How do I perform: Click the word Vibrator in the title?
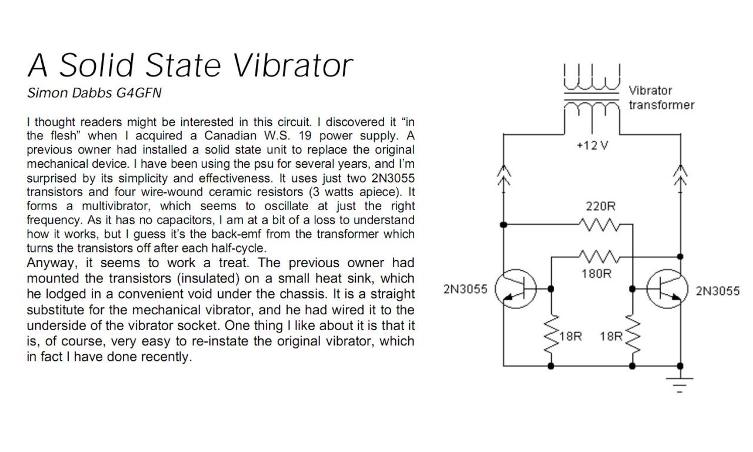click(x=292, y=65)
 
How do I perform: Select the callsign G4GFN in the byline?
click(x=138, y=93)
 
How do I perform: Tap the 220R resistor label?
click(x=601, y=206)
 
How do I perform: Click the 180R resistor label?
click(x=597, y=274)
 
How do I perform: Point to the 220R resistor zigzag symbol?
click(x=599, y=225)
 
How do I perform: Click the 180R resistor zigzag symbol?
click(x=599, y=257)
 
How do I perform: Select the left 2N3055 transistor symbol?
click(x=516, y=289)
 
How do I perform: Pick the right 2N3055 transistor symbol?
click(x=668, y=289)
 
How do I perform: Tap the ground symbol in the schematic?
click(x=679, y=385)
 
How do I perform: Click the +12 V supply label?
click(x=592, y=145)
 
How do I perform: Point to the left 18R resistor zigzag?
click(x=551, y=334)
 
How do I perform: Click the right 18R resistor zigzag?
click(x=632, y=334)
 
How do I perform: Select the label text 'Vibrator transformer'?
click(x=661, y=98)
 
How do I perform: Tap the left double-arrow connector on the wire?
click(x=504, y=175)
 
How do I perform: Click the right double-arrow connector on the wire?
click(x=681, y=175)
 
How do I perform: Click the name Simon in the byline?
click(x=48, y=93)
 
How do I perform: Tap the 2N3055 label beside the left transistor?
click(x=465, y=289)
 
